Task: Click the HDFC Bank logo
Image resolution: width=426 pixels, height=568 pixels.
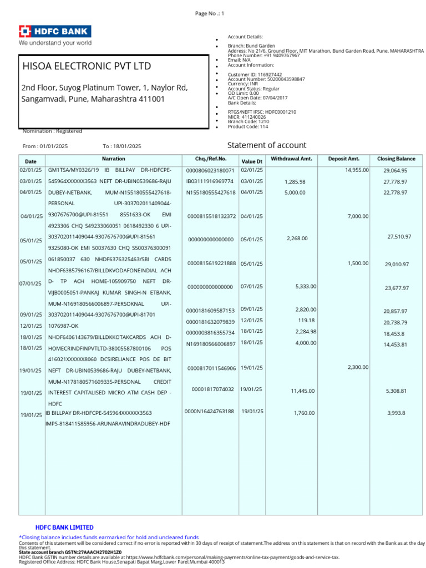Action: (55, 32)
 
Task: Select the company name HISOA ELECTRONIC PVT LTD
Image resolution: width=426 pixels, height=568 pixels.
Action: (87, 67)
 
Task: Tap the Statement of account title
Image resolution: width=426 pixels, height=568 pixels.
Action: (267, 145)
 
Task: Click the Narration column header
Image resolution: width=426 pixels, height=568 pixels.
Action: (114, 159)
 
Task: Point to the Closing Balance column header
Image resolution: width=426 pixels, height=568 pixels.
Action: (396, 159)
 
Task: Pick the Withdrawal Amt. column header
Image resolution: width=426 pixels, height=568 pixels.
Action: (291, 159)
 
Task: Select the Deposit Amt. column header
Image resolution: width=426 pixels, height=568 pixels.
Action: (344, 159)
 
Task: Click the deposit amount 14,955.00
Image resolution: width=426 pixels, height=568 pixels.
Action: (357, 170)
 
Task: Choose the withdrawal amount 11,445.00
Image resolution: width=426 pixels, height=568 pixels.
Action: (303, 391)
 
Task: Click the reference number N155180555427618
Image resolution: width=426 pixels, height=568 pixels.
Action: (211, 192)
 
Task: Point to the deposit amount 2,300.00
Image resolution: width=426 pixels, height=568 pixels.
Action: (358, 367)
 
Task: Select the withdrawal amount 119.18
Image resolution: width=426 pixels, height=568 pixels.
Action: (306, 320)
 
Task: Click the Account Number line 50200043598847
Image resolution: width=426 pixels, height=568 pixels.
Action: (266, 79)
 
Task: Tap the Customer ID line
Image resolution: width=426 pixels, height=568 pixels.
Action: (255, 74)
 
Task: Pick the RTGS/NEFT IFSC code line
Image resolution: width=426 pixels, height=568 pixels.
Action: (262, 112)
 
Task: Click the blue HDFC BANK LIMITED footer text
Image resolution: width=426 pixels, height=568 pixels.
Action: (64, 528)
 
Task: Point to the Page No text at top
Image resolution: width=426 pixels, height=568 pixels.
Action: (209, 13)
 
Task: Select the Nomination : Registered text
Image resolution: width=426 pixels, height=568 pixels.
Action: (52, 131)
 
